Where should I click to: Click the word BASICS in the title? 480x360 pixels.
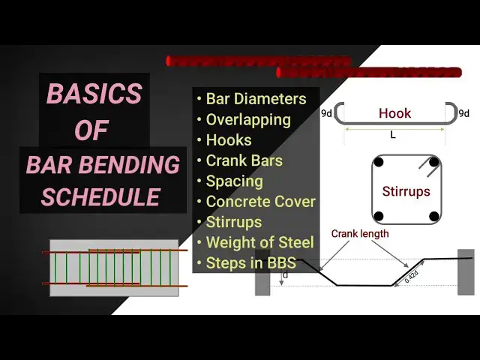94,94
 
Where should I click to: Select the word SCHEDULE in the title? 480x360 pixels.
100,196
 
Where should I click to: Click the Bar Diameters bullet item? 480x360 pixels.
256,99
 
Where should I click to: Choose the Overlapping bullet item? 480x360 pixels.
248,119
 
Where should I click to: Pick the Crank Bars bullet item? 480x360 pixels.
244,160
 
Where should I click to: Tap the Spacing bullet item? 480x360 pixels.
234,181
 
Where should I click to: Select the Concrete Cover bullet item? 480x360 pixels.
260,202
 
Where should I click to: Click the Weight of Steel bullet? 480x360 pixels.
259,242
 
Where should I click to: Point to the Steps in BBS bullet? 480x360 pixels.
250,263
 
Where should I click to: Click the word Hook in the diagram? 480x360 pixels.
394,113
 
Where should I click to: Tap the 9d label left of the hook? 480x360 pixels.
327,113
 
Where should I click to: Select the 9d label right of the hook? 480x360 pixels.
463,113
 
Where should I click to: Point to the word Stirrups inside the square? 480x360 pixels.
406,191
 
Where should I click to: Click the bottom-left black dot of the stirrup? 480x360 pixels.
379,217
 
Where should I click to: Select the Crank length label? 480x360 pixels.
360,234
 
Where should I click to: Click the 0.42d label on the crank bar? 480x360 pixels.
411,275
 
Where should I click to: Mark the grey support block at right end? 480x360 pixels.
466,271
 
